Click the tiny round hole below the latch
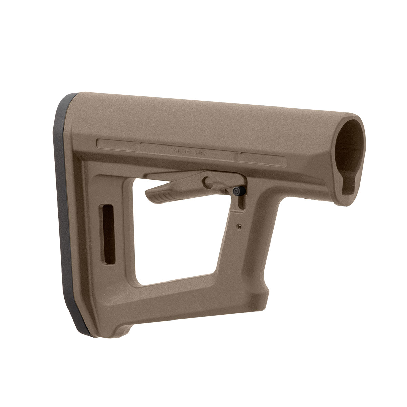pyautogui.click(x=240, y=225)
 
